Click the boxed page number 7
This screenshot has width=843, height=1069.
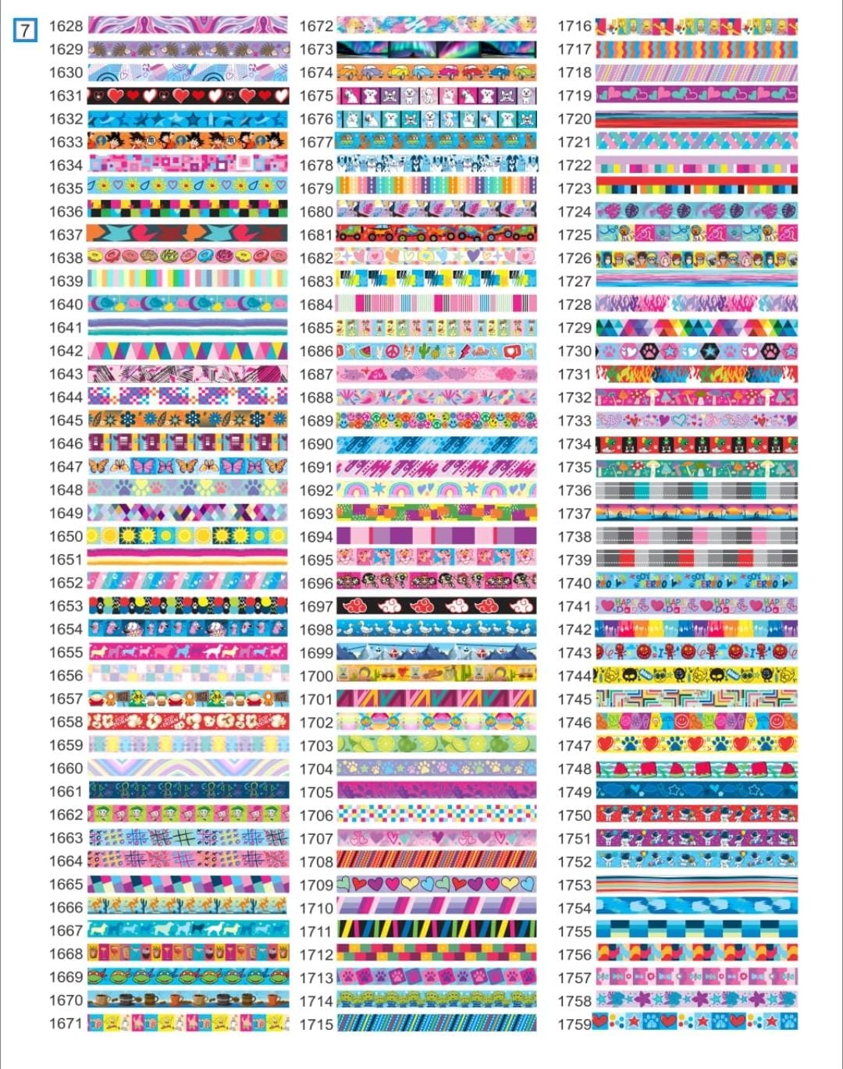(x=25, y=30)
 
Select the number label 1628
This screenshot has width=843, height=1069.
(x=66, y=26)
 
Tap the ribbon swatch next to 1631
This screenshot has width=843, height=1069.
(x=187, y=96)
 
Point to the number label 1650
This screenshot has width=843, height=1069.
(x=66, y=537)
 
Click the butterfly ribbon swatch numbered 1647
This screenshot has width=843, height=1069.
(x=187, y=467)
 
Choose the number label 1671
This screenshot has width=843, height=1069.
(x=66, y=1024)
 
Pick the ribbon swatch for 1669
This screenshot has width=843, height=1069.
(x=187, y=977)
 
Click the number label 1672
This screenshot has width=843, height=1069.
(x=316, y=26)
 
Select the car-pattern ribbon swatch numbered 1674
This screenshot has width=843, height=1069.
(x=436, y=73)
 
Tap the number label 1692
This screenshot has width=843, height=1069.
(x=316, y=491)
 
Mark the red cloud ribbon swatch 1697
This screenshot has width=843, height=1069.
(x=436, y=606)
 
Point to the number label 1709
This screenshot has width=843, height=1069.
(x=316, y=885)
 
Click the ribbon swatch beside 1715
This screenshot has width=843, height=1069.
(x=436, y=1024)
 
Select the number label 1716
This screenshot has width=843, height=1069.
(x=574, y=26)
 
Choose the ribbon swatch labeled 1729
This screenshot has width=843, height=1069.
(x=696, y=328)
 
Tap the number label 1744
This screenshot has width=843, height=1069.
(x=574, y=676)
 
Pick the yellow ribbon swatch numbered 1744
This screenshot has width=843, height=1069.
(x=696, y=675)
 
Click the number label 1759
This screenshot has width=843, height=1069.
(x=574, y=1024)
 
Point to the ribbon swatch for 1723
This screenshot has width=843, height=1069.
(x=696, y=188)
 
